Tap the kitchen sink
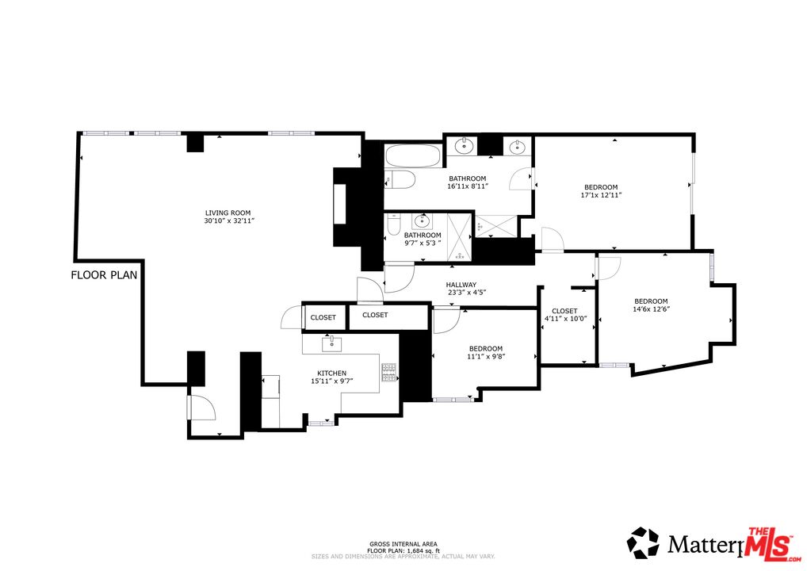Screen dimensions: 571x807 (331, 343)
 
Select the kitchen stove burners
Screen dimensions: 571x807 (389, 372)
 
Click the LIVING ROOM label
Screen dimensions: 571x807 (228, 213)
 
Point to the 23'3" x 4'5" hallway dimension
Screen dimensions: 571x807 (461, 293)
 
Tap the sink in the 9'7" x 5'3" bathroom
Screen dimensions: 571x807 (421, 221)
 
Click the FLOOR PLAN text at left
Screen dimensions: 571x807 (104, 276)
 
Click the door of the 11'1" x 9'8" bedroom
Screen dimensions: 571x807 (446, 320)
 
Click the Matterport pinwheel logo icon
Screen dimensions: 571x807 (643, 543)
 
